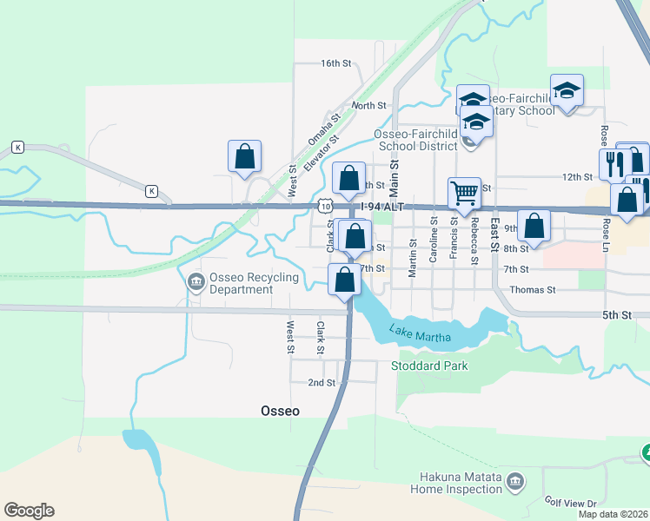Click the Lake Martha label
tap(414, 331)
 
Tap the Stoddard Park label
tap(430, 366)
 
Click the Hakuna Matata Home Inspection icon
tap(514, 481)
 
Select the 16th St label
tap(335, 63)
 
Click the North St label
tap(368, 105)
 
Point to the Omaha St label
tap(321, 131)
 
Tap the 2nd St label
tap(322, 382)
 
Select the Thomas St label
tap(532, 289)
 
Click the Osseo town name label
tap(281, 411)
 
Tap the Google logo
tap(29, 511)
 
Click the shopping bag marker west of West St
tap(245, 156)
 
